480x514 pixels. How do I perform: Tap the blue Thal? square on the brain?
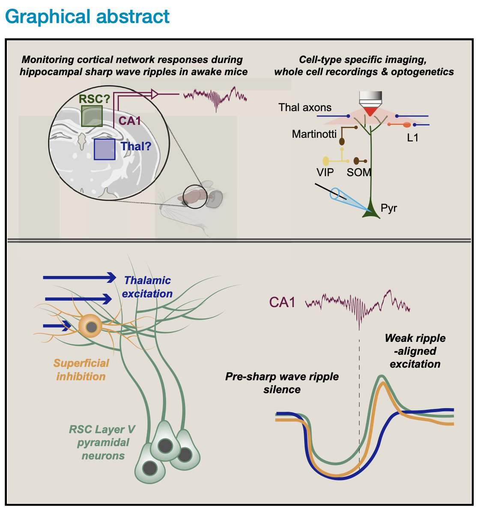point(104,149)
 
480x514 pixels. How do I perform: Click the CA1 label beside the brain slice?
point(130,121)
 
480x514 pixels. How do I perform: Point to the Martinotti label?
point(314,134)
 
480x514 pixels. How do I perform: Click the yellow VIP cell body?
point(326,161)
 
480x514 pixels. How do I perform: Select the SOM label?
point(359,173)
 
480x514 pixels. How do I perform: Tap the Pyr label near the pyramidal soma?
point(389,209)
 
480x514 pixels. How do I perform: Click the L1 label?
point(412,137)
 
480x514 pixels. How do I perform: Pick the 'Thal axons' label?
point(305,108)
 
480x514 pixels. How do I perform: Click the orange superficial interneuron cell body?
point(90,327)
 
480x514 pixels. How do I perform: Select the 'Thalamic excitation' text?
point(147,287)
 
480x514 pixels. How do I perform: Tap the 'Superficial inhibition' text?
point(81,370)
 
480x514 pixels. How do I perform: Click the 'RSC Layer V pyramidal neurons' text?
point(103,442)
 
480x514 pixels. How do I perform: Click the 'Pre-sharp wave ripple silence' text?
point(282,383)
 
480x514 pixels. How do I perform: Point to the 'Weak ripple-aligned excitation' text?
point(415,351)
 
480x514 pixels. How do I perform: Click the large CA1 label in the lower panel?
point(282,302)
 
